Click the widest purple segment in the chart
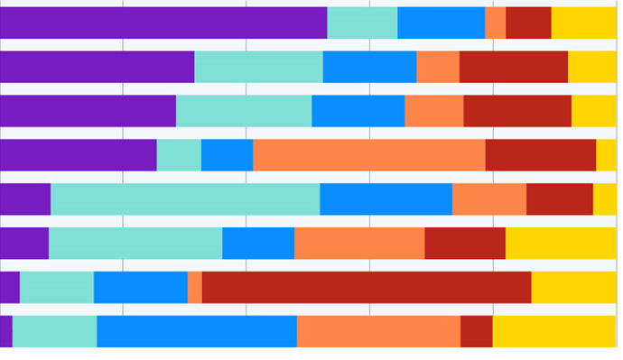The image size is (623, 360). (163, 23)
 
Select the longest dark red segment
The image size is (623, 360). (367, 287)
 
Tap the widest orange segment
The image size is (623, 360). (369, 155)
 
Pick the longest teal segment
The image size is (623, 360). (185, 199)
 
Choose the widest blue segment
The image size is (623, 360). (197, 331)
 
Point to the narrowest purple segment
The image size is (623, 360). (5, 331)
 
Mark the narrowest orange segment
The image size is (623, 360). (194, 287)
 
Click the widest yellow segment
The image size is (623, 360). (554, 331)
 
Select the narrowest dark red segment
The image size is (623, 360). (476, 331)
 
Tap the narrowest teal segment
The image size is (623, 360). (179, 155)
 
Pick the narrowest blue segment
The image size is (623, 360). (227, 155)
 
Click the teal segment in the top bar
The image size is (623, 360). (362, 23)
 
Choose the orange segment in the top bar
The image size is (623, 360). (495, 23)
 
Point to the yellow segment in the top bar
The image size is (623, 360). (583, 23)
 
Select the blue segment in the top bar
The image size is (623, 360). (441, 23)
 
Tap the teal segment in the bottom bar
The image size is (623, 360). (54, 331)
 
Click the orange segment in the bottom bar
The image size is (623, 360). (378, 331)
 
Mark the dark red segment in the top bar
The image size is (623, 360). (528, 23)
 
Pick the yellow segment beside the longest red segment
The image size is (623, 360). (573, 287)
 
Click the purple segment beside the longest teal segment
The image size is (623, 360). (25, 199)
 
